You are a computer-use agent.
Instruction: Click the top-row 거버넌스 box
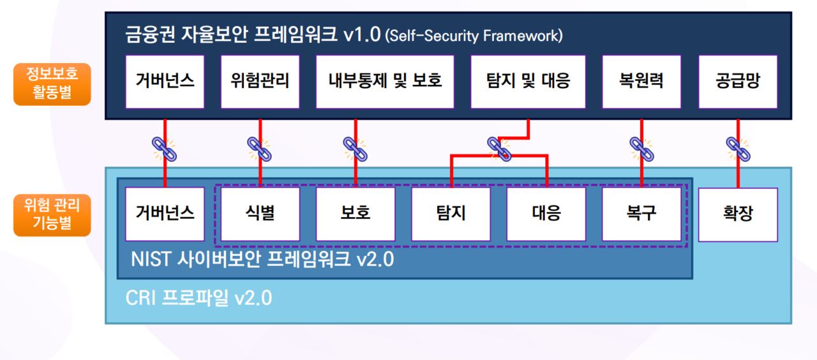pyautogui.click(x=165, y=82)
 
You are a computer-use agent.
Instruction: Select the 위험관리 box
pyautogui.click(x=260, y=82)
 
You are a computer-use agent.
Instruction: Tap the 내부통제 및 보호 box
pyautogui.click(x=385, y=82)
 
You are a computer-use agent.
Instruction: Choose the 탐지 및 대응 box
pyautogui.click(x=528, y=82)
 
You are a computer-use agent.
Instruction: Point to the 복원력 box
pyautogui.click(x=641, y=82)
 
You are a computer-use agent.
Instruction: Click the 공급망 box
pyautogui.click(x=738, y=82)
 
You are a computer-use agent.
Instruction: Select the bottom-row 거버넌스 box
pyautogui.click(x=165, y=214)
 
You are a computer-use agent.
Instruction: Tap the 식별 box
pyautogui.click(x=260, y=214)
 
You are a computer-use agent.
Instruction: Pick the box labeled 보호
pyautogui.click(x=356, y=214)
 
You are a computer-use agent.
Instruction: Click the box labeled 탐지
pyautogui.click(x=451, y=214)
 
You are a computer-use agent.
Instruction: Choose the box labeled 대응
pyautogui.click(x=546, y=214)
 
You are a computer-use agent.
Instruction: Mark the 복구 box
pyautogui.click(x=641, y=214)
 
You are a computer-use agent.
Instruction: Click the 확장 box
pyautogui.click(x=738, y=214)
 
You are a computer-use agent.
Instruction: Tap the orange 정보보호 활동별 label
pyautogui.click(x=52, y=84)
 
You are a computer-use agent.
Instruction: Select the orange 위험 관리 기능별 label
pyautogui.click(x=52, y=215)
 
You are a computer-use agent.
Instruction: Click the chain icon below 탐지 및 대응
pyautogui.click(x=499, y=148)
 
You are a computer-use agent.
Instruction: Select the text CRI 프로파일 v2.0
pyautogui.click(x=199, y=298)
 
